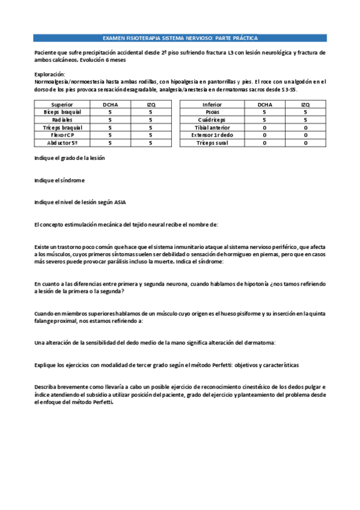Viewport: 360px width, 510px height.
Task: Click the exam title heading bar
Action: (180, 37)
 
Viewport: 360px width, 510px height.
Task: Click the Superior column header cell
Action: (63, 104)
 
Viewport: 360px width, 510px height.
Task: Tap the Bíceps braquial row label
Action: (63, 112)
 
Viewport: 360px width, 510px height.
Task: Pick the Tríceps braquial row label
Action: (63, 127)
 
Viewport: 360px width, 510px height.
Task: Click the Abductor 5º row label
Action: (63, 143)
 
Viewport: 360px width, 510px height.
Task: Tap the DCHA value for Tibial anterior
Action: (264, 127)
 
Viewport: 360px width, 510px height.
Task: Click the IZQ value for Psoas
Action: (306, 112)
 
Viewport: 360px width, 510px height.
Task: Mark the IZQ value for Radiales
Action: (150, 120)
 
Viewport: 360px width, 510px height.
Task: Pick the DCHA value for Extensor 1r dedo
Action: (264, 135)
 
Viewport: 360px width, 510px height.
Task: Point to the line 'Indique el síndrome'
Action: (59, 180)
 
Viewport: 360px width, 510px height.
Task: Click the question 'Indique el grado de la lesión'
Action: (70, 158)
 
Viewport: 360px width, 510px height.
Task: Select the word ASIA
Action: (120, 202)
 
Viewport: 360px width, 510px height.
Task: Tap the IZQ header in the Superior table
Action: (150, 104)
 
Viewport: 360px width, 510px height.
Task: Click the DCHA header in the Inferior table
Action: (264, 104)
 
